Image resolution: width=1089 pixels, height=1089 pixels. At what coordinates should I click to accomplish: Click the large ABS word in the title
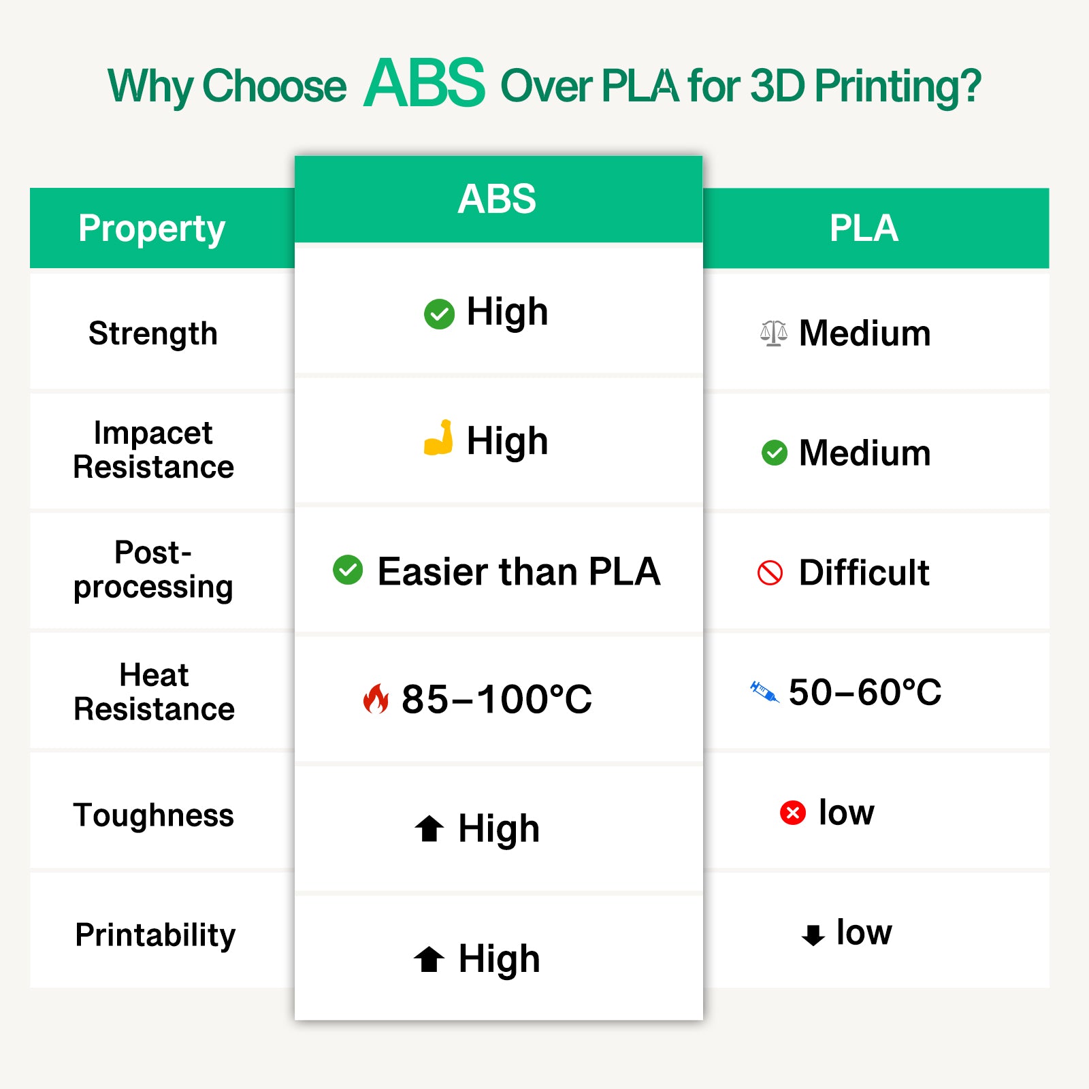(x=425, y=84)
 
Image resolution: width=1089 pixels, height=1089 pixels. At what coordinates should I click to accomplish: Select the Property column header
(x=152, y=229)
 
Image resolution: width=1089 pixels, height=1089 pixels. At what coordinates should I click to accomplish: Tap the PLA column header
(x=864, y=229)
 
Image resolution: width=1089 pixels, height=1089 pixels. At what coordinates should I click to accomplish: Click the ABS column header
(x=497, y=199)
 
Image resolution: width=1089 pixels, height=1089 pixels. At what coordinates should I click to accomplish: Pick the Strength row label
(x=153, y=334)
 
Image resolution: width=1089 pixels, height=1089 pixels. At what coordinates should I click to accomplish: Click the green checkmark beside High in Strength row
(x=439, y=314)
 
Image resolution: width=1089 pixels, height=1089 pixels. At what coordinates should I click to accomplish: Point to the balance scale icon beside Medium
(x=774, y=334)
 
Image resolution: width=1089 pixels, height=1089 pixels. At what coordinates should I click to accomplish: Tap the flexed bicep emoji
(x=439, y=438)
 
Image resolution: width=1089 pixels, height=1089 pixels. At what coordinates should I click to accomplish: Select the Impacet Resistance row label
(x=153, y=450)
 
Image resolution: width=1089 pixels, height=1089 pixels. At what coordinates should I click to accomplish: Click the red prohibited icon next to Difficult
(x=770, y=572)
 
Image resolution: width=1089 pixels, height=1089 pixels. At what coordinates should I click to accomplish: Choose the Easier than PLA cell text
(x=519, y=572)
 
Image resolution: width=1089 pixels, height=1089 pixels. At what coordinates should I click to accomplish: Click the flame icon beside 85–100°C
(x=376, y=698)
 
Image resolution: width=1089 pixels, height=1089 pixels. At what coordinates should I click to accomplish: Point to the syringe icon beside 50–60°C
(x=764, y=692)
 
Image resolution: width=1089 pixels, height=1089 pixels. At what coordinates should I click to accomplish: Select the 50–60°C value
(x=865, y=693)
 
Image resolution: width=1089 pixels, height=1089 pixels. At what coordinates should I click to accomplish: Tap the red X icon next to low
(x=792, y=813)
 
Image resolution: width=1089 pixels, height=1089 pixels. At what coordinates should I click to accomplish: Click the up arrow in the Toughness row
(x=429, y=828)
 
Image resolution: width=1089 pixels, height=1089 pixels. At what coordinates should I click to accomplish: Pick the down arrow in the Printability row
(x=813, y=934)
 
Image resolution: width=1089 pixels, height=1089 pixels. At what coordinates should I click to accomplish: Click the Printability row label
(x=155, y=935)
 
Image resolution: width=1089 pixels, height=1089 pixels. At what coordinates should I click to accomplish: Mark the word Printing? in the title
(x=898, y=87)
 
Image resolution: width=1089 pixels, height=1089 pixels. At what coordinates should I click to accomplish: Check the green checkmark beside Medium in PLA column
(x=774, y=453)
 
